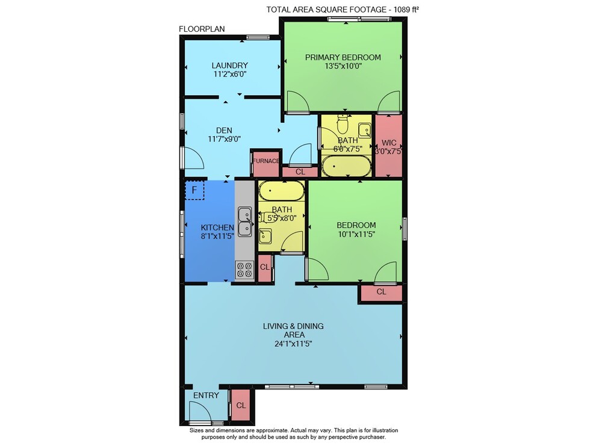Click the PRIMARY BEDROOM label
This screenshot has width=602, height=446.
[x=343, y=57]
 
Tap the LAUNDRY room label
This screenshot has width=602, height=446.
[x=229, y=65]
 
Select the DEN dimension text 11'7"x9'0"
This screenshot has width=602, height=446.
[x=224, y=139]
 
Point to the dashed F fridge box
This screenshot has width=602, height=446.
[x=194, y=190]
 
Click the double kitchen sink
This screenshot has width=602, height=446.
[x=244, y=221]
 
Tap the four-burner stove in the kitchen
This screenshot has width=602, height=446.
[x=244, y=269]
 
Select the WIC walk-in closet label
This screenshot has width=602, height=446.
[x=389, y=143]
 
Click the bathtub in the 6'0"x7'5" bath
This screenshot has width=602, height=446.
[x=346, y=166]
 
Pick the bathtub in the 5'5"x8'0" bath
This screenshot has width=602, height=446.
[x=281, y=191]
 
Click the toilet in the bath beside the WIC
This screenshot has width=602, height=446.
[x=342, y=123]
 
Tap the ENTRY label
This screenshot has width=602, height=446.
[x=206, y=395]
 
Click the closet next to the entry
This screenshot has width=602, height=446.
[x=241, y=405]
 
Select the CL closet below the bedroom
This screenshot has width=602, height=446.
[x=381, y=293]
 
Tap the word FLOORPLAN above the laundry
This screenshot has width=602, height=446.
[x=202, y=29]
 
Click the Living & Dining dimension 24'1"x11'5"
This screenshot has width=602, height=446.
[x=293, y=344]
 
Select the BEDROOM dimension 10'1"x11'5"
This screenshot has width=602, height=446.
[x=356, y=234]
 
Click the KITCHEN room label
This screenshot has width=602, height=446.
[x=217, y=228]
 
